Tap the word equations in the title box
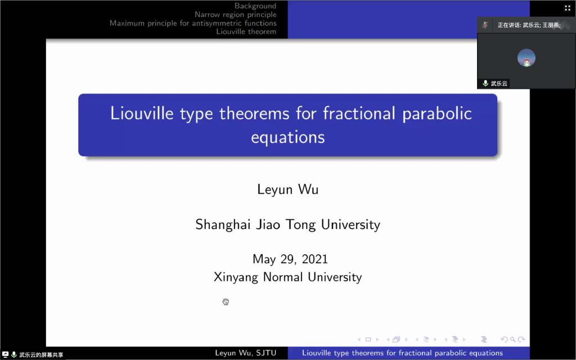(287, 137)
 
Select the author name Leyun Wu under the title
(287, 190)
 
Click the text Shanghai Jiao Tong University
(287, 224)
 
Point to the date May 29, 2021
(290, 259)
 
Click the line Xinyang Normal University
(287, 277)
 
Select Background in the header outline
(255, 6)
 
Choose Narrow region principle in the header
(236, 15)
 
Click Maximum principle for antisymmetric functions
(193, 23)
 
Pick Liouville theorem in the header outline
(246, 31)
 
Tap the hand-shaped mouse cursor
(226, 301)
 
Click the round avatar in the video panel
(526, 58)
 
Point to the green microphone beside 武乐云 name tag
(485, 83)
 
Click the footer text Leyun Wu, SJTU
(245, 353)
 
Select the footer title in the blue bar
(402, 353)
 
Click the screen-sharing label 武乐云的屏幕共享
(41, 355)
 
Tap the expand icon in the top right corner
(568, 8)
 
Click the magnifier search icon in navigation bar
(512, 339)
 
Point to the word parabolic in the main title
(436, 114)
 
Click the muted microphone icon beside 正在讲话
(485, 25)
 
